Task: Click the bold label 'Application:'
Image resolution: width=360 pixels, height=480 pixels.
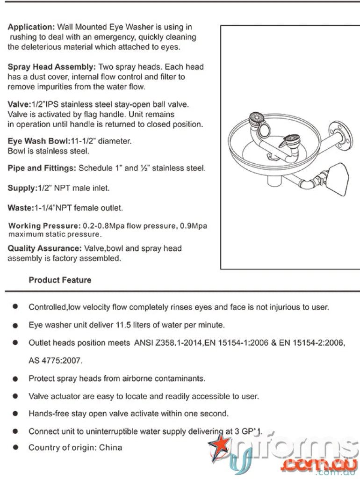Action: click(31, 27)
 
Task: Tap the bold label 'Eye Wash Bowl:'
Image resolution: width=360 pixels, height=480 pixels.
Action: click(38, 141)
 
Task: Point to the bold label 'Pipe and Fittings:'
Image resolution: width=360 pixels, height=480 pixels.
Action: click(42, 168)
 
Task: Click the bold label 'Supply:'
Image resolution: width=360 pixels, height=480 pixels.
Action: click(22, 188)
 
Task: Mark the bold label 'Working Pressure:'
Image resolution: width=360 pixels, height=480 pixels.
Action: click(44, 226)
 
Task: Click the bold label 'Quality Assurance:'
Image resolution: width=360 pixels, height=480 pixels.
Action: click(44, 248)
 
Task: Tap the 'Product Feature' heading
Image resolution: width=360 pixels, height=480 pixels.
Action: click(60, 280)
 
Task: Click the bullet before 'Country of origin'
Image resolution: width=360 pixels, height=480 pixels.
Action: click(15, 448)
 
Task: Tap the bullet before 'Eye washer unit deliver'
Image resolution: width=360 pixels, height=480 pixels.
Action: click(15, 325)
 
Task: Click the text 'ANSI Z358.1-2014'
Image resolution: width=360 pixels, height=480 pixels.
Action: click(163, 343)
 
